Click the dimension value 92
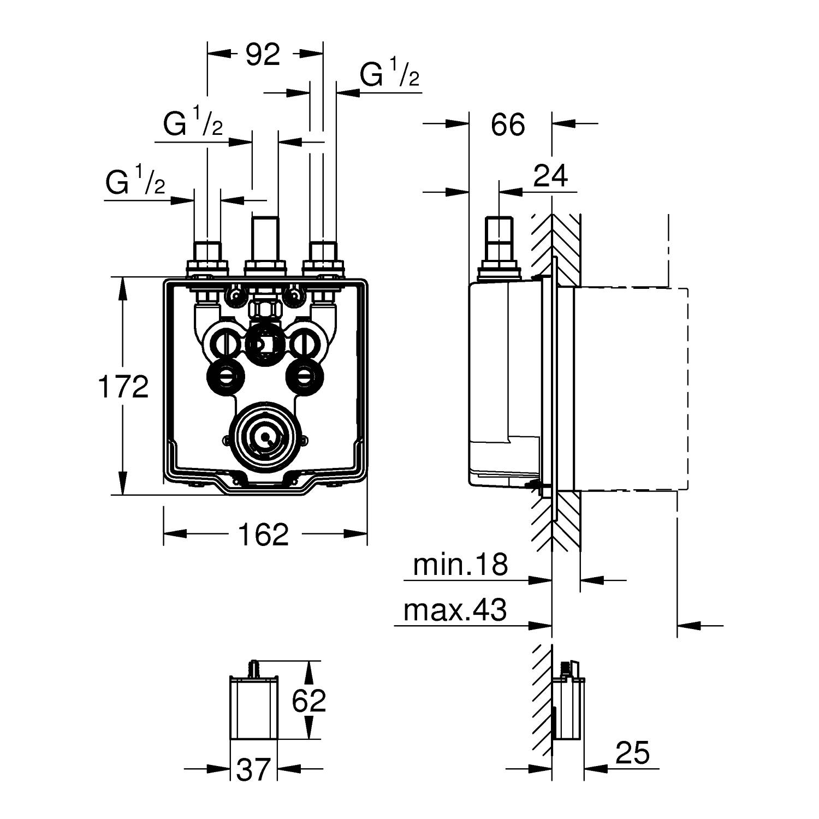(x=263, y=55)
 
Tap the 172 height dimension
(x=123, y=387)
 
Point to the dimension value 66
(x=508, y=124)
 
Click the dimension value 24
(x=550, y=176)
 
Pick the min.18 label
(x=460, y=565)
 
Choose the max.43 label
(x=455, y=609)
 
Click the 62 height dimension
(x=308, y=700)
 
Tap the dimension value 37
(x=254, y=769)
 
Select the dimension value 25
(x=633, y=753)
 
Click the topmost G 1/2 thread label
(x=389, y=75)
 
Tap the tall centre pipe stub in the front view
(x=265, y=239)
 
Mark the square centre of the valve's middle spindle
(x=264, y=343)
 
